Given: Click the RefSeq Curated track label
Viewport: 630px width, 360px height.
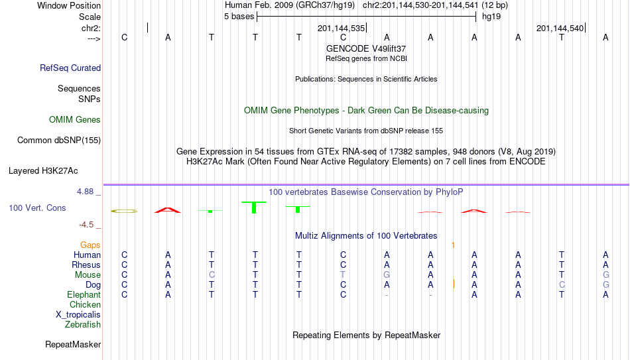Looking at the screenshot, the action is pyautogui.click(x=70, y=68).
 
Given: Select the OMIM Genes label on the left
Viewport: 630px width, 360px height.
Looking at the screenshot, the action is pyautogui.click(x=75, y=120).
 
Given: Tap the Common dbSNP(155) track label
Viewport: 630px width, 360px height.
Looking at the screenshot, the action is pyautogui.click(x=59, y=141).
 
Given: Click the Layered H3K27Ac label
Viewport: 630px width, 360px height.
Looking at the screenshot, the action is pyautogui.click(x=43, y=171).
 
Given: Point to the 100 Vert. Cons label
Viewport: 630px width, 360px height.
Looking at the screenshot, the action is pyautogui.click(x=37, y=208).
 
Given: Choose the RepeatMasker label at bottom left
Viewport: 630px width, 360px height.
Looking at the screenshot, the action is pyautogui.click(x=73, y=344).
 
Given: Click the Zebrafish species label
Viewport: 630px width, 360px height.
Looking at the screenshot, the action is pyautogui.click(x=83, y=324).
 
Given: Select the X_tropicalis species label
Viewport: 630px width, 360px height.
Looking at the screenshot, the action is pyautogui.click(x=78, y=315).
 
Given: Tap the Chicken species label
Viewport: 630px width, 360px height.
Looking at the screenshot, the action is pyautogui.click(x=85, y=304).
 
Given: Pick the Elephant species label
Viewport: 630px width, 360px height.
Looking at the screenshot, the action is pyautogui.click(x=84, y=294).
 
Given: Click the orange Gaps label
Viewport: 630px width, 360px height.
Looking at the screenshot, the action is pyautogui.click(x=90, y=245).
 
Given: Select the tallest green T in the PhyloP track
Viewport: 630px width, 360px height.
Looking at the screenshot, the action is pyautogui.click(x=254, y=208).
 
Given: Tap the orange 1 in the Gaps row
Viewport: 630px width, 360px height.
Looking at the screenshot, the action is pyautogui.click(x=453, y=245).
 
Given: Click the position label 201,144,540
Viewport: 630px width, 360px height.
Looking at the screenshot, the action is pyautogui.click(x=560, y=28).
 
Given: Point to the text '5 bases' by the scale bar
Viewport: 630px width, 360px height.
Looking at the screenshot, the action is pyautogui.click(x=239, y=17).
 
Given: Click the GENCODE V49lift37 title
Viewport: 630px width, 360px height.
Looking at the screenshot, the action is pyautogui.click(x=366, y=48).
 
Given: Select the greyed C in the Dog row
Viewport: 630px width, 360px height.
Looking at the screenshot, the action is pyautogui.click(x=562, y=284).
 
